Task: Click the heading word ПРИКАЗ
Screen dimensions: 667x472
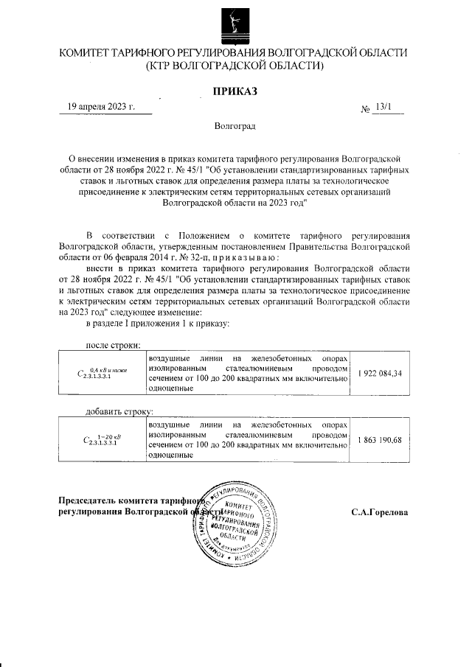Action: coord(235,91)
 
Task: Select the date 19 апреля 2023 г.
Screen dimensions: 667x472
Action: coord(101,106)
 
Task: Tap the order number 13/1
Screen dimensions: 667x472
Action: coord(383,106)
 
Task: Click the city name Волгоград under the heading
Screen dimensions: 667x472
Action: coord(235,126)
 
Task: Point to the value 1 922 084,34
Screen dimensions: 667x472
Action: coord(379,374)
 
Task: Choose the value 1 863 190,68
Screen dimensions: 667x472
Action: coord(379,440)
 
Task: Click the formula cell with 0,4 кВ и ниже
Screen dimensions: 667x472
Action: coord(102,374)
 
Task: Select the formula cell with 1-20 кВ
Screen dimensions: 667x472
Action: coord(102,440)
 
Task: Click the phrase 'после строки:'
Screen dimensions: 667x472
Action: coord(114,344)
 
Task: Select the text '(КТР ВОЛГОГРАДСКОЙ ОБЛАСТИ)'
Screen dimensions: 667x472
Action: coord(235,66)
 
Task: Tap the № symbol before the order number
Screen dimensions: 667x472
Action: coord(365,109)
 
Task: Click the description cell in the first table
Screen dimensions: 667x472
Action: coord(247,374)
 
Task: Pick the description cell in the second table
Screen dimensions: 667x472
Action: coord(247,440)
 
